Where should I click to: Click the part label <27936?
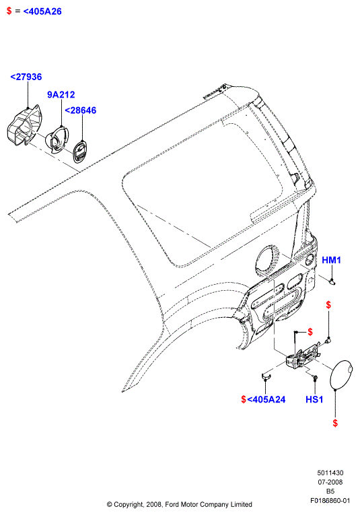click(26, 77)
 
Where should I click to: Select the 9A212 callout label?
click(61, 95)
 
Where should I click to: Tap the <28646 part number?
click(80, 110)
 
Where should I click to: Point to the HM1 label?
click(332, 260)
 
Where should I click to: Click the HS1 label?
click(314, 399)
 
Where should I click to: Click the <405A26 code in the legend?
click(42, 11)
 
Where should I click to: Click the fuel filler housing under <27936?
click(24, 125)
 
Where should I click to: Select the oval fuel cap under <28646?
click(79, 151)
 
